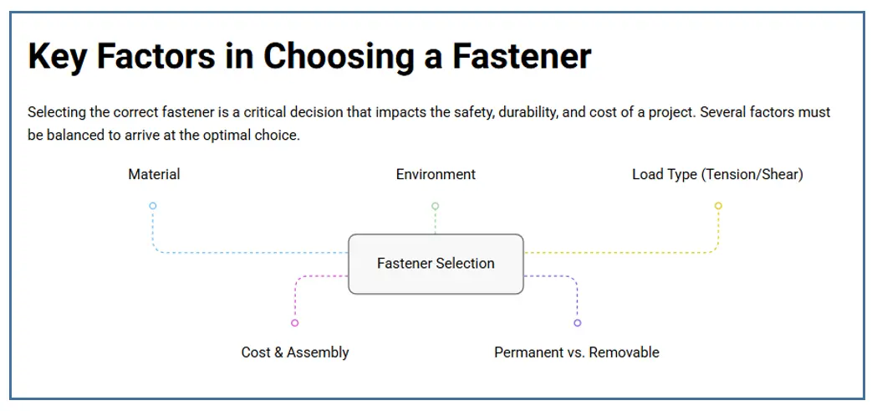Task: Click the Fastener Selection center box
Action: coord(436,264)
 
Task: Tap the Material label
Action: coord(154,174)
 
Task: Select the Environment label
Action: coord(436,174)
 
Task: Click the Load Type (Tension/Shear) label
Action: coord(717,174)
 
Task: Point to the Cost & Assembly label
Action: coord(295,352)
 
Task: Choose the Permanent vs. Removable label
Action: coord(577,352)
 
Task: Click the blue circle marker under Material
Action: coord(152,206)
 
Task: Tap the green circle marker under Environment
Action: coord(435,206)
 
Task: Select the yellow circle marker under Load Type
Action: coord(718,206)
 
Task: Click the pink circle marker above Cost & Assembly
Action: coord(294,323)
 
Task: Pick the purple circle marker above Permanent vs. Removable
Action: coord(577,323)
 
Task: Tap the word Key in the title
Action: coord(57,57)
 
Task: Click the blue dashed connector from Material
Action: coord(251,252)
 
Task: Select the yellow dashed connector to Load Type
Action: coord(627,252)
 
